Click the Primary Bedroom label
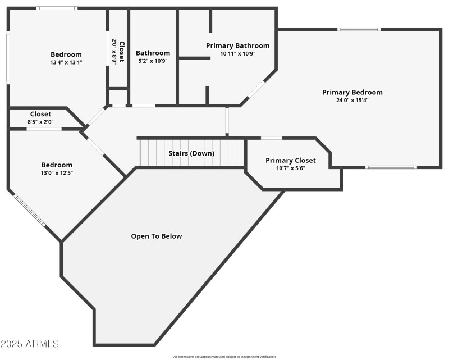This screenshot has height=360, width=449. pyautogui.click(x=352, y=92)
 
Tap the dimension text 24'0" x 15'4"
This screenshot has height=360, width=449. pyautogui.click(x=352, y=100)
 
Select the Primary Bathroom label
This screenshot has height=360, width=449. pyautogui.click(x=237, y=45)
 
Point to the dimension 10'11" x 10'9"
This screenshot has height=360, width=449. pyautogui.click(x=237, y=53)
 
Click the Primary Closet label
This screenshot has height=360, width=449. pyautogui.click(x=290, y=160)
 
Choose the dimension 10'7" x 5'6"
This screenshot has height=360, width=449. pyautogui.click(x=290, y=168)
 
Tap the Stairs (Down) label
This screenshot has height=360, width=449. pyautogui.click(x=191, y=153)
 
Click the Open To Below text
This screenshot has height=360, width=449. pyautogui.click(x=157, y=236)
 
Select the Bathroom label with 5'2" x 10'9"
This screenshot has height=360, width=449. pyautogui.click(x=153, y=53)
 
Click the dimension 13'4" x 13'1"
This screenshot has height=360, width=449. pyautogui.click(x=66, y=62)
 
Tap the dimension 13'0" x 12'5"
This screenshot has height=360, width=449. pyautogui.click(x=57, y=172)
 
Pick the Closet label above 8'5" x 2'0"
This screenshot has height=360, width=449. pyautogui.click(x=40, y=114)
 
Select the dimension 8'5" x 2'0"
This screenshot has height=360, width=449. pyautogui.click(x=40, y=122)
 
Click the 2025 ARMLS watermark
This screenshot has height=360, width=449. pyautogui.click(x=30, y=343)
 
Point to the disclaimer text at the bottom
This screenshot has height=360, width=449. pyautogui.click(x=224, y=356)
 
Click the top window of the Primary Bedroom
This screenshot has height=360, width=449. pyautogui.click(x=359, y=29)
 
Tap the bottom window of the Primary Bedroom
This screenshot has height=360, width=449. pyautogui.click(x=391, y=167)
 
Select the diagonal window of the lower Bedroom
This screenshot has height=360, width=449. pyautogui.click(x=29, y=210)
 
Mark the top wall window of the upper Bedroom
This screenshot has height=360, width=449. pyautogui.click(x=57, y=8)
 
